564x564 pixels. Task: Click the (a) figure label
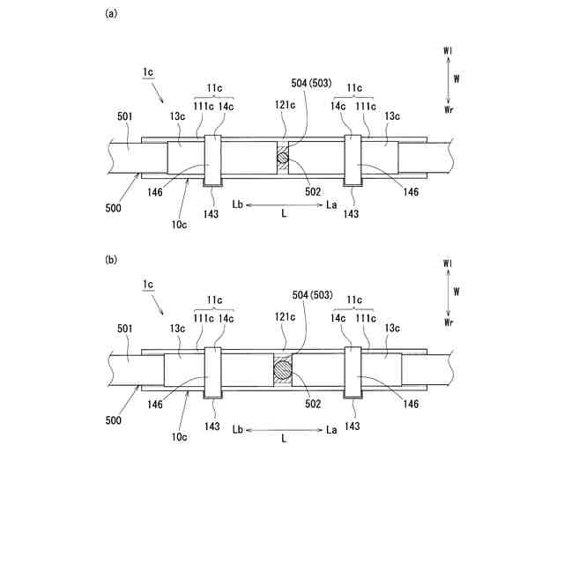[x=110, y=13]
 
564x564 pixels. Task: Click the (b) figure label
[x=110, y=260]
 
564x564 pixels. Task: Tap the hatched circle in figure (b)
[x=283, y=369]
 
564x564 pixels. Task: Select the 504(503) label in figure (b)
[x=310, y=294]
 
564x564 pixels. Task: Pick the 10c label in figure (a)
[x=179, y=225]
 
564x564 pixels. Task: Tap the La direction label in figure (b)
[x=331, y=429]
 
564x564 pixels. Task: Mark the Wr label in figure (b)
[x=449, y=323]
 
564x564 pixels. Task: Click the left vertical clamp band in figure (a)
[x=212, y=160]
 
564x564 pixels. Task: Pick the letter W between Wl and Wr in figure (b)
[x=456, y=290]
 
